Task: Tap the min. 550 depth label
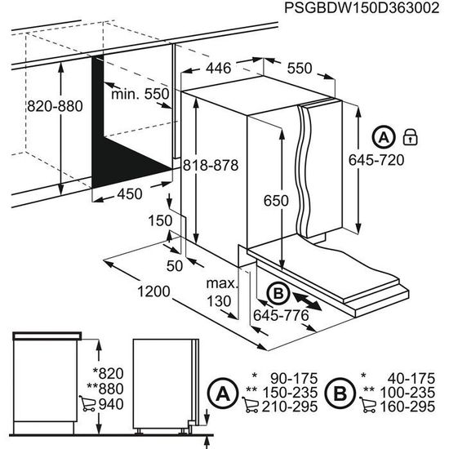click(140, 94)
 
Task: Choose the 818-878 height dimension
click(210, 164)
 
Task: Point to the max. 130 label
click(220, 292)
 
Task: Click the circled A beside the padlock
click(384, 137)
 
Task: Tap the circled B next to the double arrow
click(276, 291)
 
